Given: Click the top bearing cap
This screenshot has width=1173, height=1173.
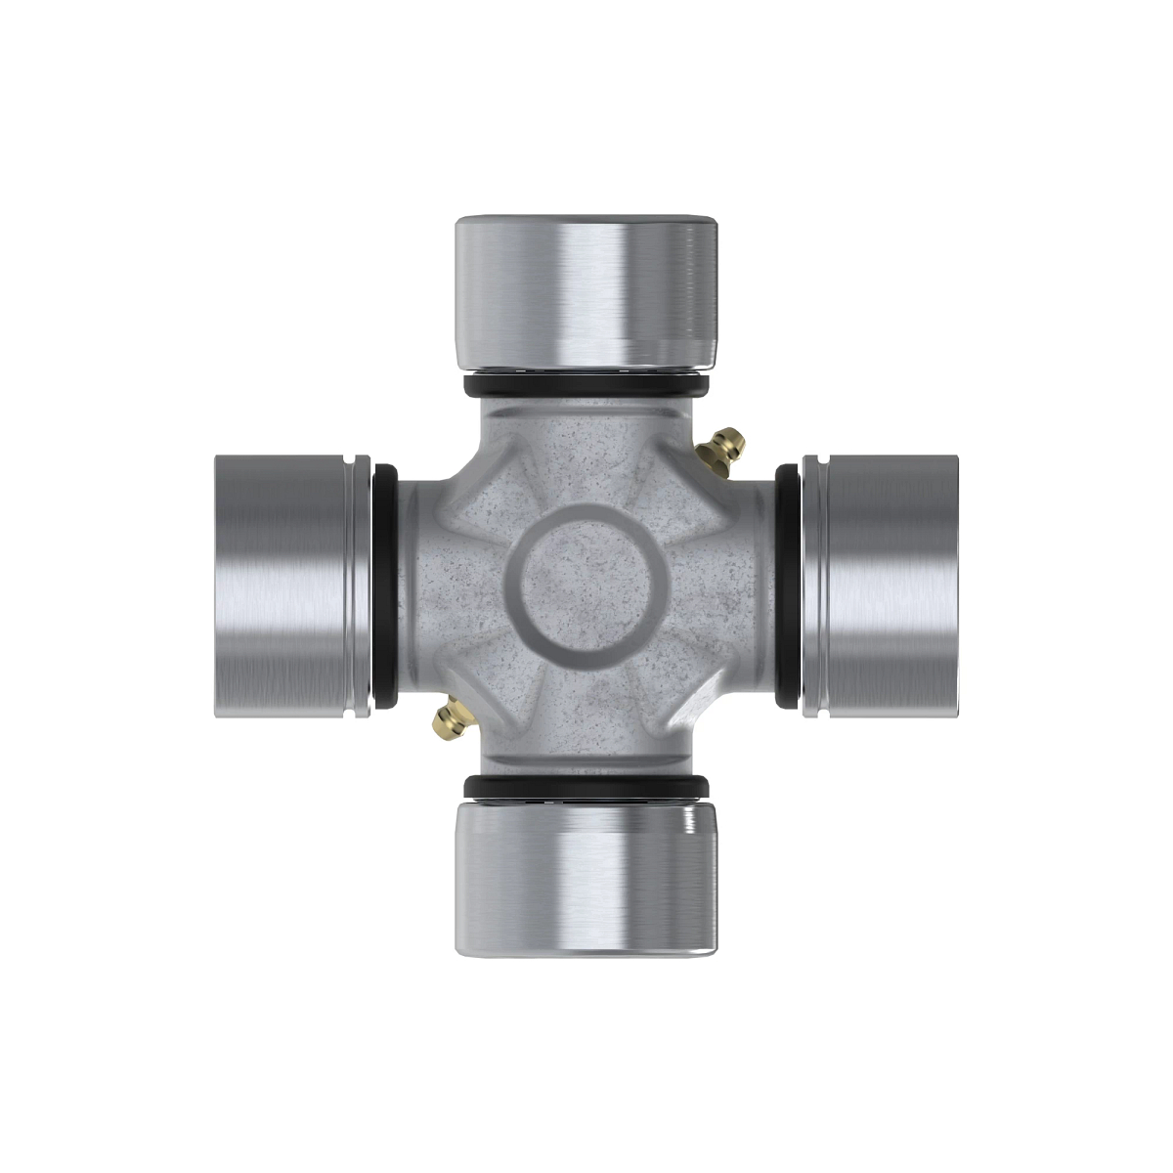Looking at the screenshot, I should coord(586,293).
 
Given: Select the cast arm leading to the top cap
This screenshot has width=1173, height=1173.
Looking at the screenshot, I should coord(586,440).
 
